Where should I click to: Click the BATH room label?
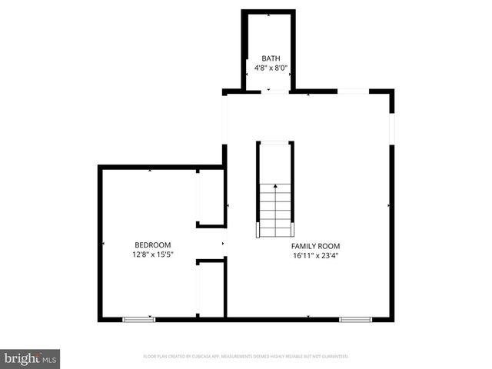[271, 58]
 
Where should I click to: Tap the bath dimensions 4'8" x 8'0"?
[271, 68]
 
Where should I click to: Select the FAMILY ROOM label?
[315, 246]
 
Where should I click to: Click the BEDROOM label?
[153, 245]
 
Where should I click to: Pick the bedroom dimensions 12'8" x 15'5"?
[153, 254]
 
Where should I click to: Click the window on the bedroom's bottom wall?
[138, 318]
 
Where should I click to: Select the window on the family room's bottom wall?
[355, 318]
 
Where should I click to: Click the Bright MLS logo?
[30, 358]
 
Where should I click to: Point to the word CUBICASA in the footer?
[211, 357]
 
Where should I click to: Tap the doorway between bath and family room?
[268, 91]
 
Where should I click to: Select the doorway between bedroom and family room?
[224, 244]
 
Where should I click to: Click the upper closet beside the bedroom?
[211, 197]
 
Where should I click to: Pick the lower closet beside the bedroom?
[211, 289]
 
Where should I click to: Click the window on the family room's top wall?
[353, 91]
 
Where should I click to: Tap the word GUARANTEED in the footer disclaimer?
[334, 357]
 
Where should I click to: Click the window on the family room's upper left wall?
[224, 119]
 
